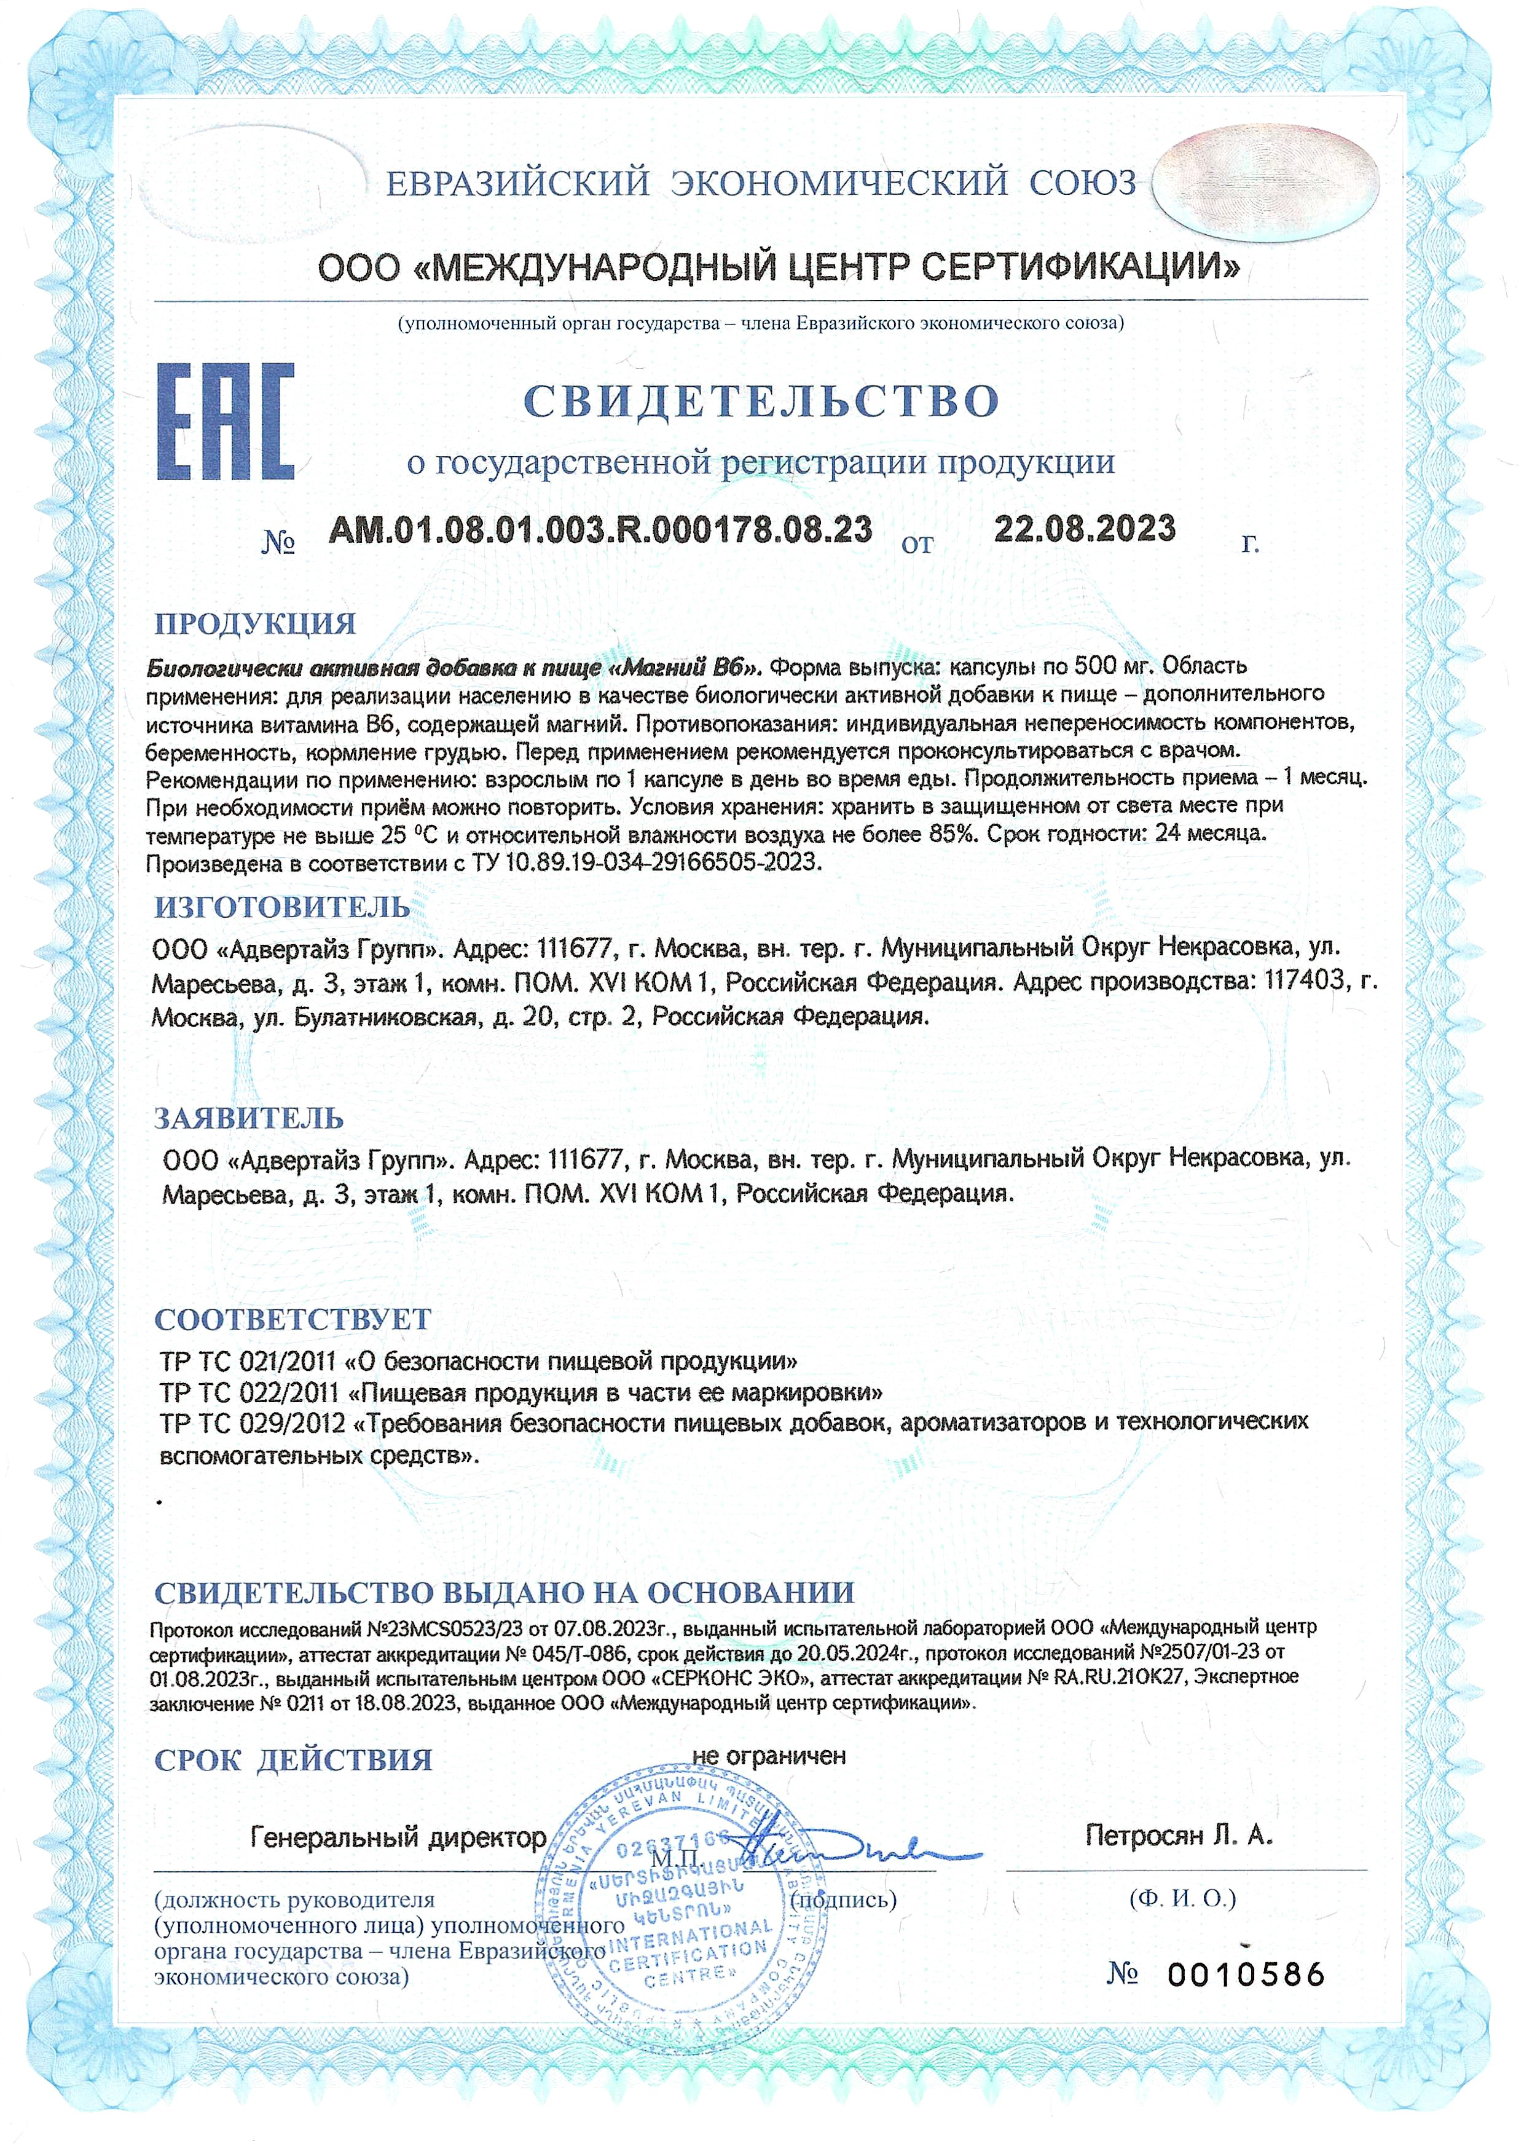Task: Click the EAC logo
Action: coord(226,422)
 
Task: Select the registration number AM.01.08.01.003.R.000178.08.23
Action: coord(600,531)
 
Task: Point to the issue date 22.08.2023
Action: coord(1084,529)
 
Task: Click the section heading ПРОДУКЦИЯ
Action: coord(255,624)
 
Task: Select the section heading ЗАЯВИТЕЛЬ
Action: coord(249,1119)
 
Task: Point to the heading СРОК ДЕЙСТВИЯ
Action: coord(293,1760)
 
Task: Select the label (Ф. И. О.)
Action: coord(1182,1899)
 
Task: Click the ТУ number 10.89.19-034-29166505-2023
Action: coord(662,862)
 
